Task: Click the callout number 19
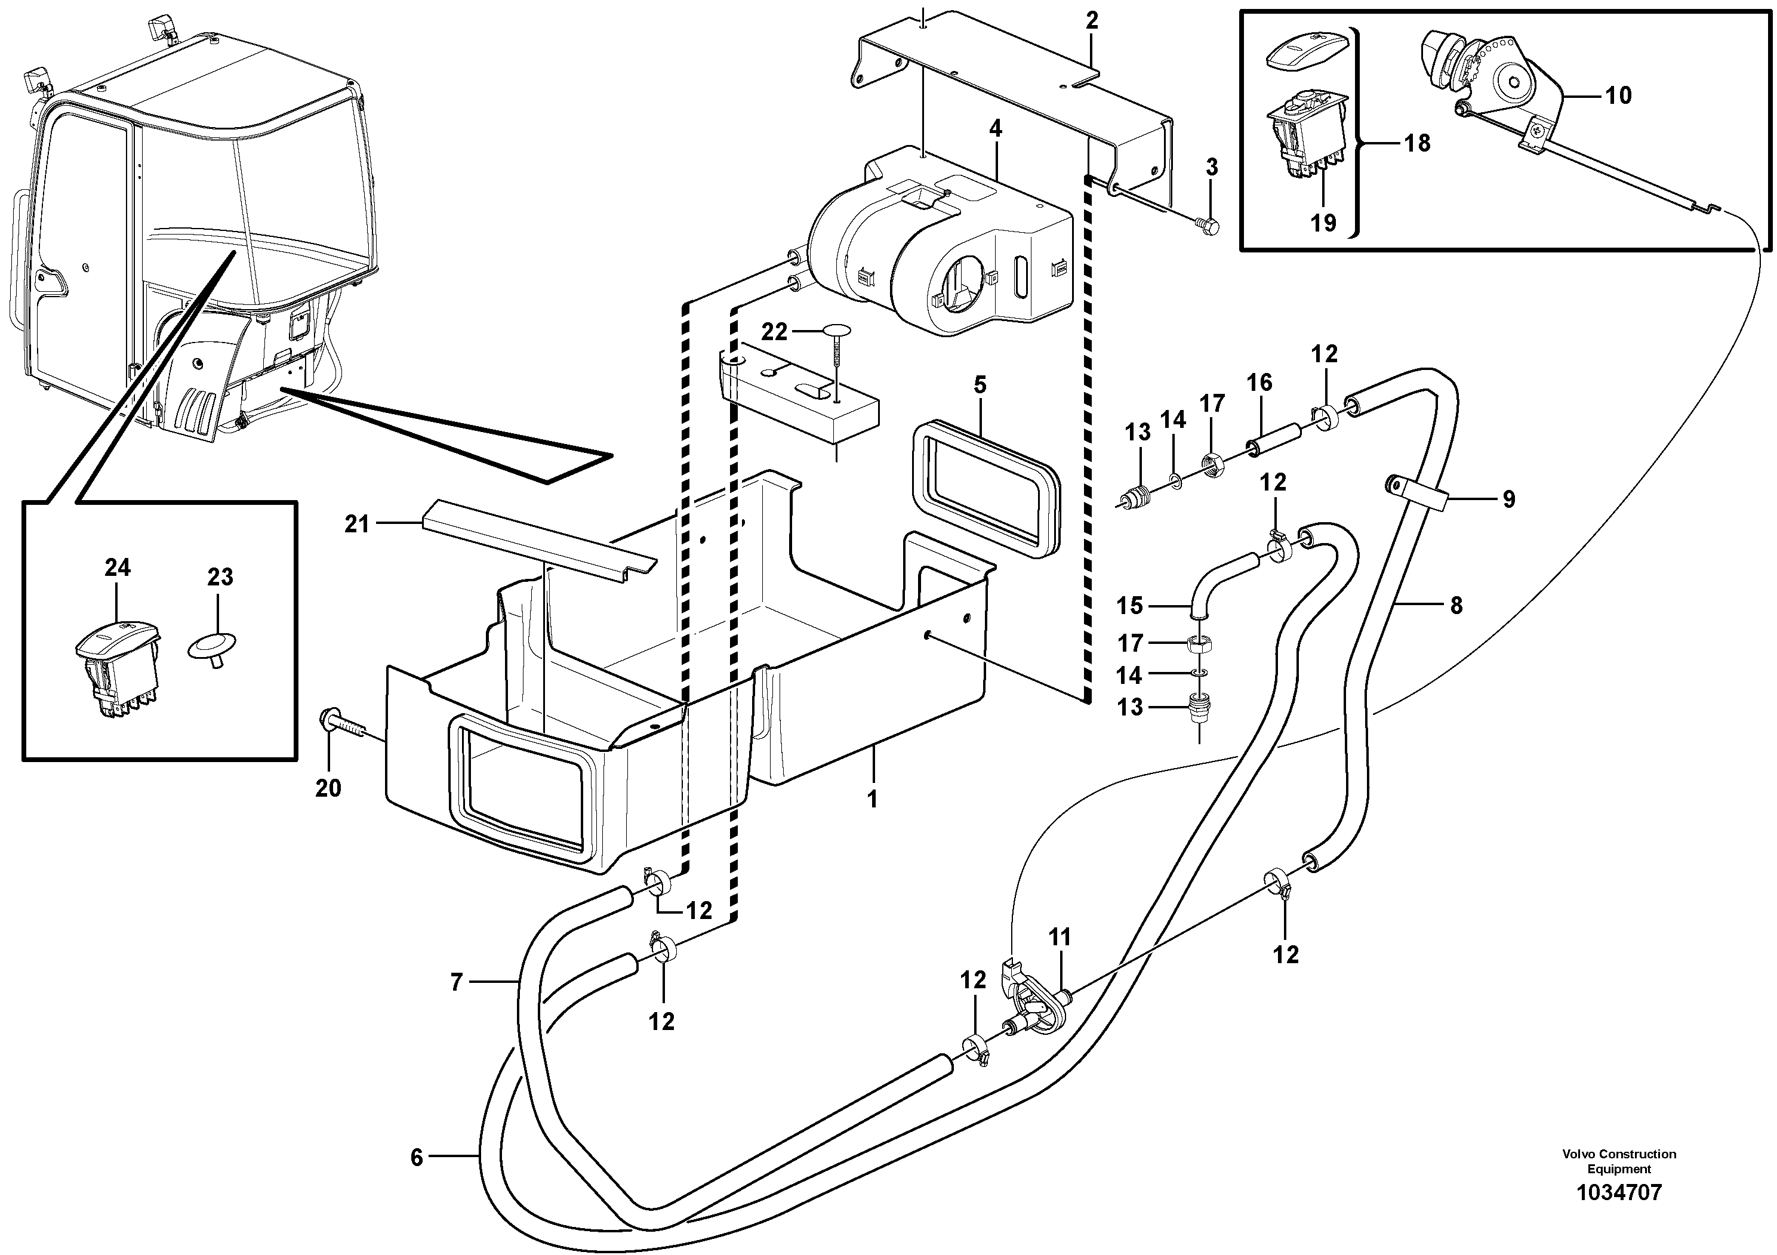click(x=1323, y=223)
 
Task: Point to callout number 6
click(x=417, y=1158)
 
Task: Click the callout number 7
click(x=456, y=983)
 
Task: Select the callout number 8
click(x=1456, y=605)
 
